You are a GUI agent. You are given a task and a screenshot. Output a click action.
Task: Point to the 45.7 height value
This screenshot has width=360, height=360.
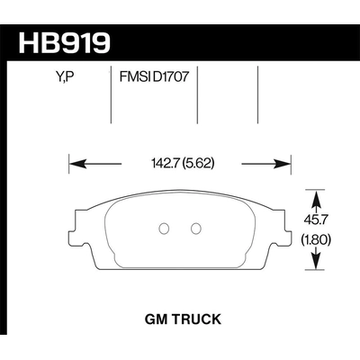[x=316, y=220]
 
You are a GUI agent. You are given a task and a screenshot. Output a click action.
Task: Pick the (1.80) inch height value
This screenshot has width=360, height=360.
[x=316, y=238]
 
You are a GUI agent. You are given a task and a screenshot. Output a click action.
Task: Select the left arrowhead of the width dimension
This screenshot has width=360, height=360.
[x=76, y=165]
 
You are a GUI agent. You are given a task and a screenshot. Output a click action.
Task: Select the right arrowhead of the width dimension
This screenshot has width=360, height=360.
[x=283, y=165]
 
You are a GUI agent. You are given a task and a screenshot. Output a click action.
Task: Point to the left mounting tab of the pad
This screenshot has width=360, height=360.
[x=76, y=219]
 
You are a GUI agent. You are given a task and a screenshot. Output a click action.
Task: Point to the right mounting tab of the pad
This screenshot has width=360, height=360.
[x=284, y=219]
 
